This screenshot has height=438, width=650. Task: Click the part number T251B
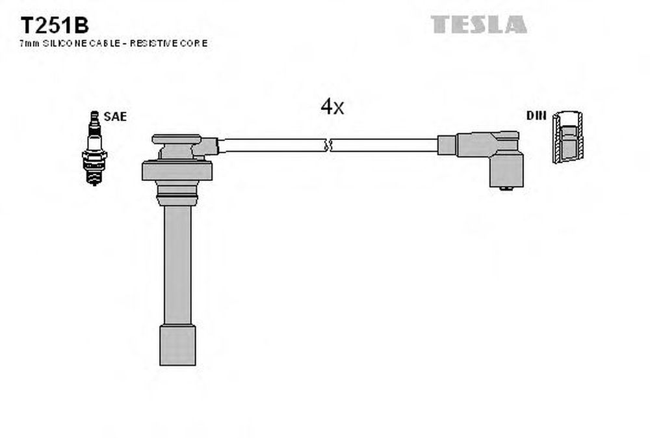coord(55,26)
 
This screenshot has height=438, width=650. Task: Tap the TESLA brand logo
coord(479,25)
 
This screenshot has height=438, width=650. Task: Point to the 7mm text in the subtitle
coord(30,43)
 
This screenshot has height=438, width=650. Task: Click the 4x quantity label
coord(332,107)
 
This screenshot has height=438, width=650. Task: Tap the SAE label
coord(115,116)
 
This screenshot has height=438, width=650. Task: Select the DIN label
coord(536,115)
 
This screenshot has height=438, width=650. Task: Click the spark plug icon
coord(94,148)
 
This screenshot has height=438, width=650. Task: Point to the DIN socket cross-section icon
coord(568,137)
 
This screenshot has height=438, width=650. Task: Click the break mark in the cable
coord(328,145)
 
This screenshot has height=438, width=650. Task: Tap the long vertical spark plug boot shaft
coord(178,265)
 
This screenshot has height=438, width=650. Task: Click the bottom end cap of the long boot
coord(178,345)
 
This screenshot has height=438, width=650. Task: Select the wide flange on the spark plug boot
coord(177,171)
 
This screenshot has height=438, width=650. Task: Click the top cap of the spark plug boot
coord(177,139)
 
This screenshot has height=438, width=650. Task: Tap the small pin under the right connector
coord(506,189)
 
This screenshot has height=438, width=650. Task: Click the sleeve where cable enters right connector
coord(447,145)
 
